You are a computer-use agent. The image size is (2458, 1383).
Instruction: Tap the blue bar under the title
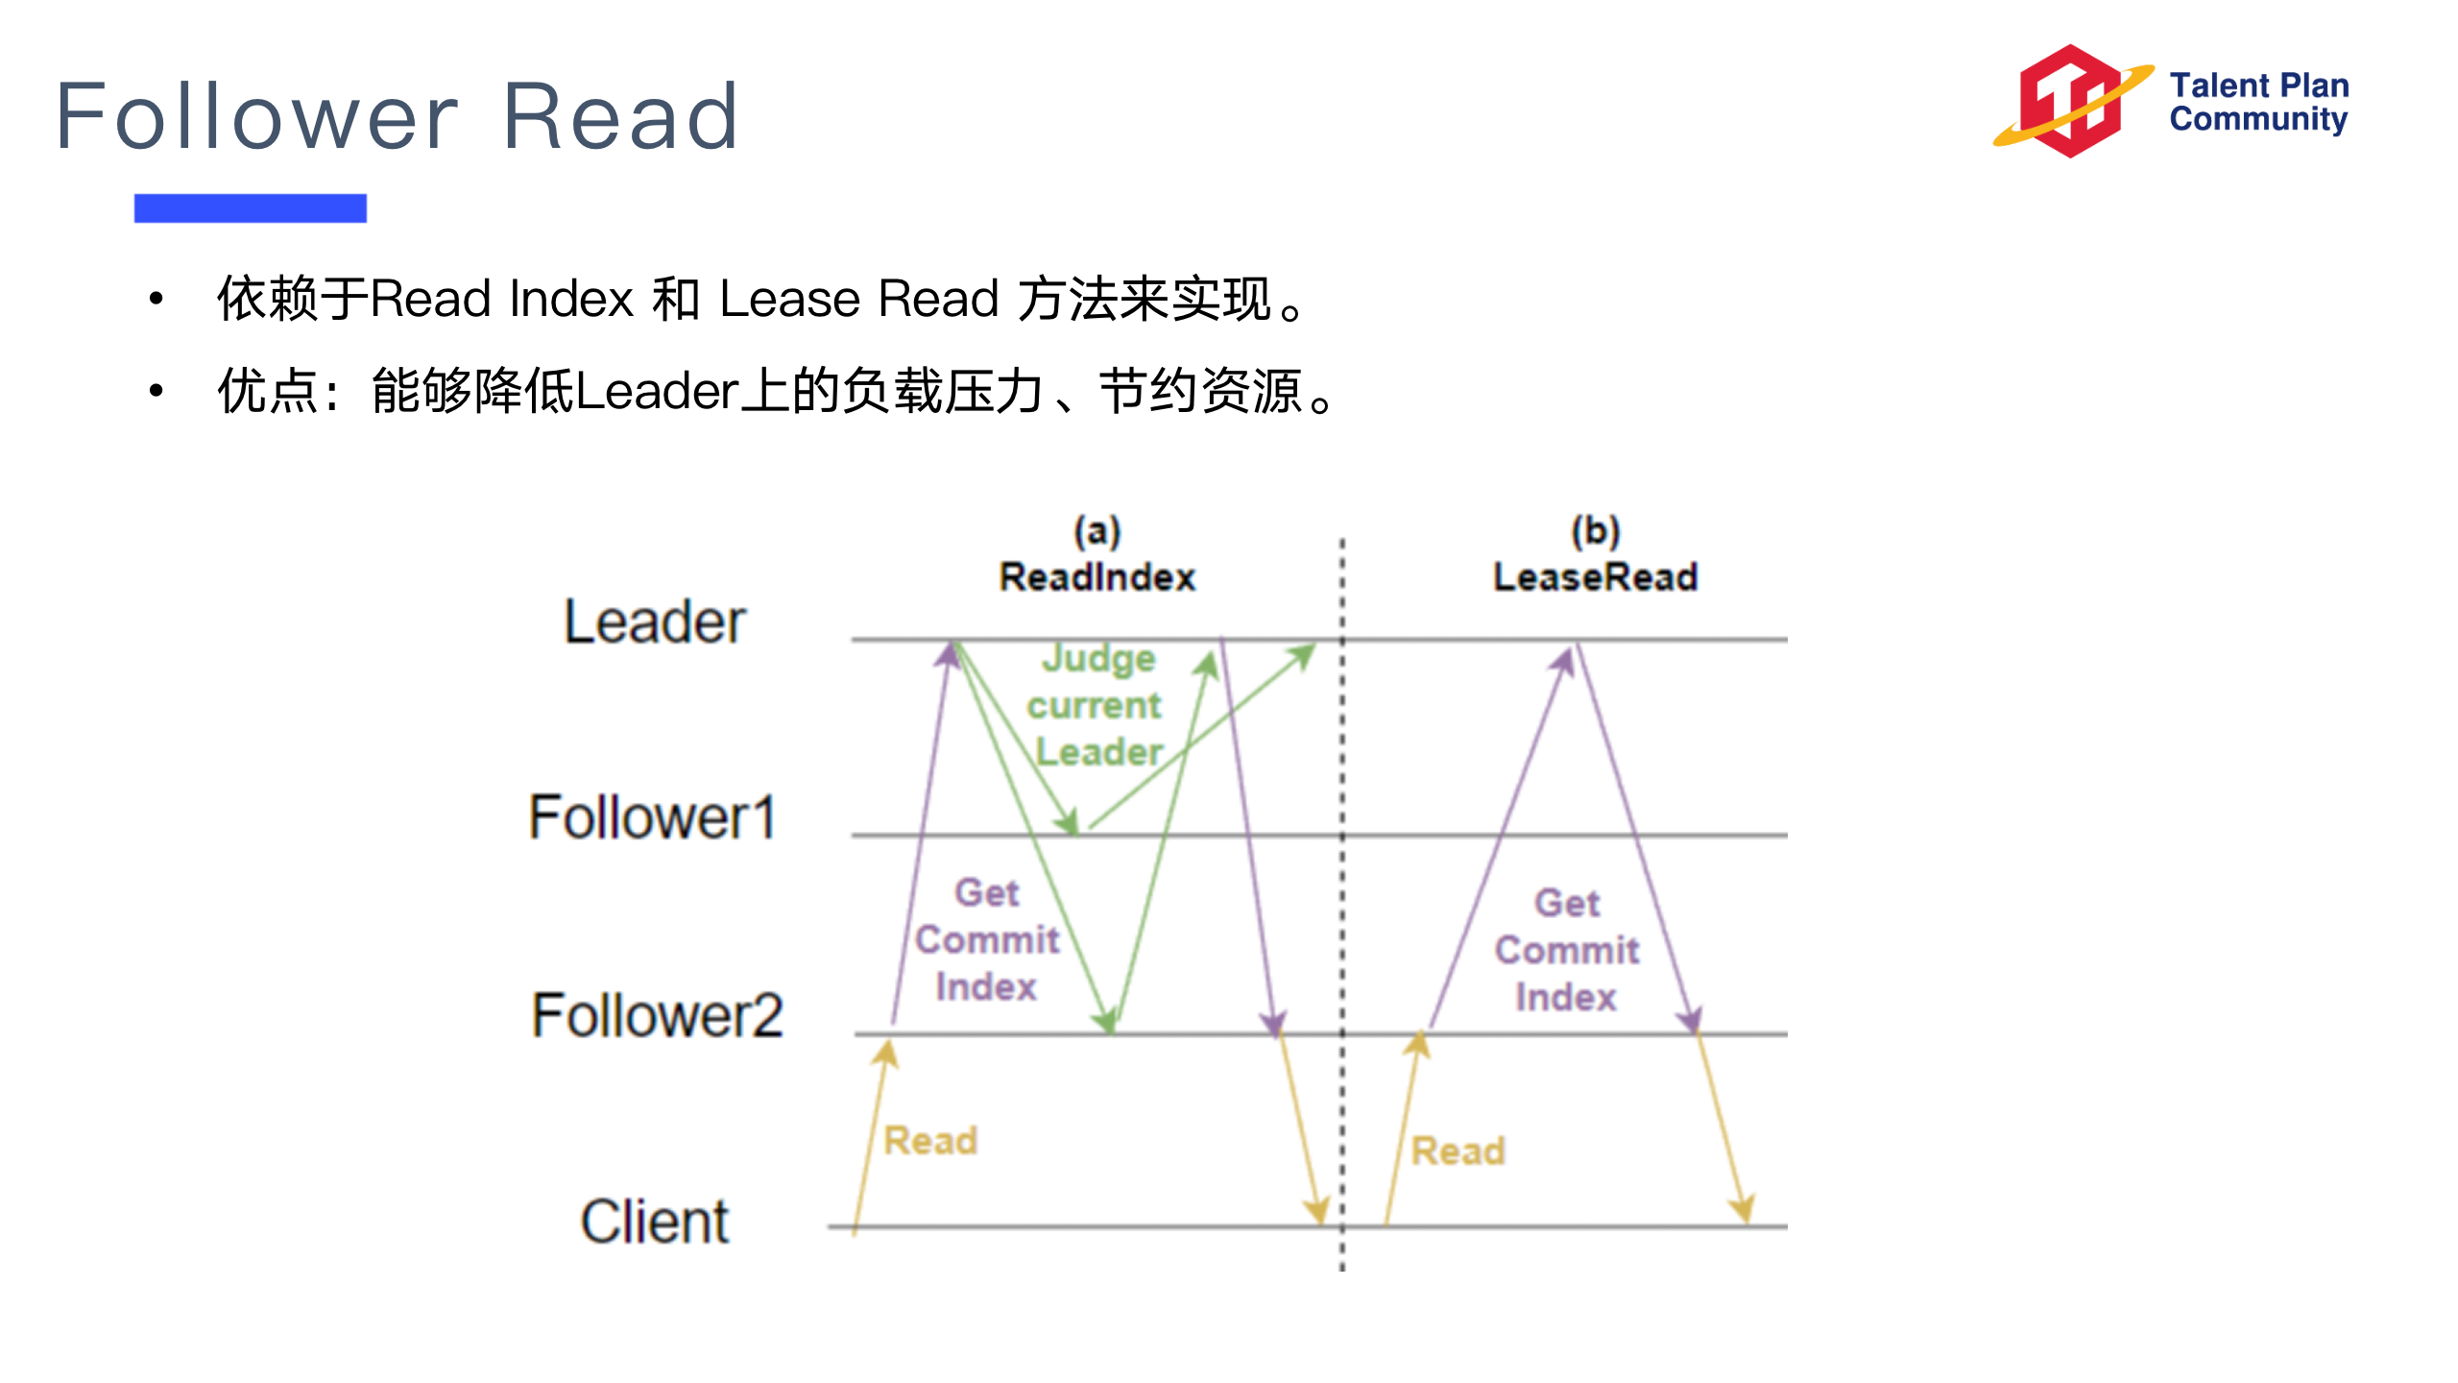[x=250, y=207]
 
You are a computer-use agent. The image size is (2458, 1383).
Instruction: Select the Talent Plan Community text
[x=2258, y=102]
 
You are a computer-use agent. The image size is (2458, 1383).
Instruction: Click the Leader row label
[x=654, y=622]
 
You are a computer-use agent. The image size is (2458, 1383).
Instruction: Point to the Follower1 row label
[x=652, y=818]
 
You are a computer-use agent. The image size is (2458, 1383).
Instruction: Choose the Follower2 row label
[x=657, y=1016]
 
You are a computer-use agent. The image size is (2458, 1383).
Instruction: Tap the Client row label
[x=654, y=1222]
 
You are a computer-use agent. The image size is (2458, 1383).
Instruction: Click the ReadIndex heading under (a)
[x=1097, y=577]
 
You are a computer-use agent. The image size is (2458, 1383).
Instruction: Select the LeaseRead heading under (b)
[x=1595, y=577]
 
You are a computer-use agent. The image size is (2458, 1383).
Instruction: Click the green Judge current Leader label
[x=1096, y=705]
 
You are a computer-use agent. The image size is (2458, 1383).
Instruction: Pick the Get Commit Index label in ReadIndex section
[x=987, y=939]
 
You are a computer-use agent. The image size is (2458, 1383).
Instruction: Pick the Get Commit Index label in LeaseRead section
[x=1567, y=950]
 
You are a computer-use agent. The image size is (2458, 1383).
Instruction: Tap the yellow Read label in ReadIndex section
[x=930, y=1141]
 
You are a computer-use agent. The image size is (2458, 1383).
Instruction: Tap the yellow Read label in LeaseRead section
[x=1458, y=1151]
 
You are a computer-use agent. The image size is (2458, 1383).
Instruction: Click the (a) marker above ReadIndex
[x=1096, y=530]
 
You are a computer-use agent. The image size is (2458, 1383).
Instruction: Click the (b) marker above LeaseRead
[x=1595, y=530]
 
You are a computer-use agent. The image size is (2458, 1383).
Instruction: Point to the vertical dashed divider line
[x=1342, y=922]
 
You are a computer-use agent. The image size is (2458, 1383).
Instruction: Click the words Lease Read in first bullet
[x=858, y=299]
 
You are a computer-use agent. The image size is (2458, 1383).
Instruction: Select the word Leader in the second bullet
[x=657, y=392]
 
